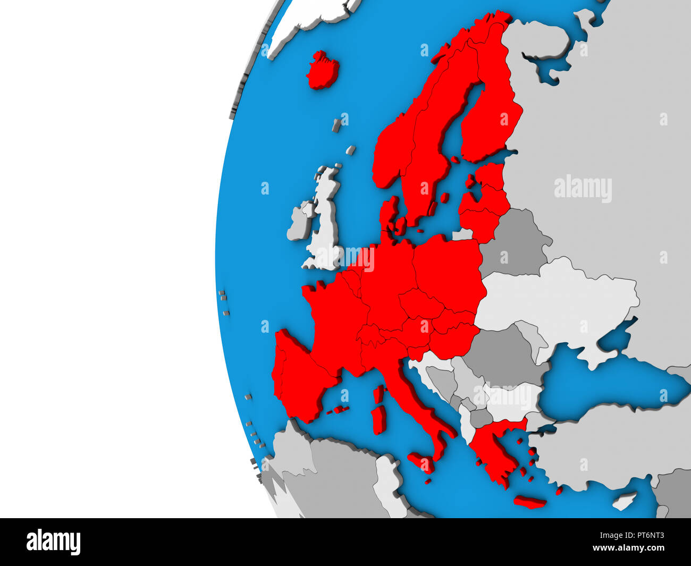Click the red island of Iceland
pos(323,71)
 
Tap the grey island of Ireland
pos(300,221)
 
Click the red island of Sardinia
pos(379,420)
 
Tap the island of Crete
pos(530,502)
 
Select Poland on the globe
pos(448,266)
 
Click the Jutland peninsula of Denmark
pos(388,213)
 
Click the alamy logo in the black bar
pos(53,542)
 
